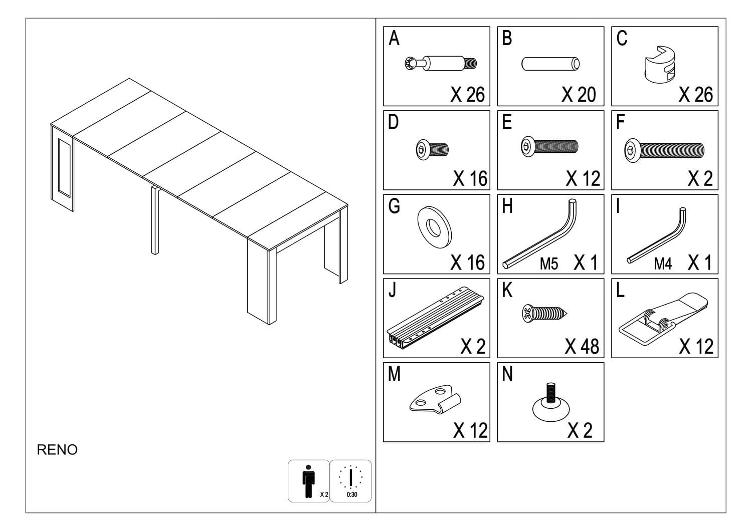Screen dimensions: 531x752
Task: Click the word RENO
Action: [x=57, y=450]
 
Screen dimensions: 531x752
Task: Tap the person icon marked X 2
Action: [x=308, y=481]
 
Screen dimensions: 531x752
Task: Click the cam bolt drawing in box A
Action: [x=440, y=64]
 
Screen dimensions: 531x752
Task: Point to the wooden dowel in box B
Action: [x=551, y=64]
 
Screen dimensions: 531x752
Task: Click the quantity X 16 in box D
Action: [x=469, y=179]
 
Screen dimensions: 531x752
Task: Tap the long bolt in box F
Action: [x=664, y=150]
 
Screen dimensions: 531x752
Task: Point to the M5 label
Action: [x=548, y=264]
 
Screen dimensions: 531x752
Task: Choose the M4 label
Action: [x=663, y=264]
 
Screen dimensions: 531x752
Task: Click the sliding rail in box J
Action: [x=435, y=317]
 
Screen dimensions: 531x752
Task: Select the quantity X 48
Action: [x=582, y=347]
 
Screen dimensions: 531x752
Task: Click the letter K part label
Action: [x=507, y=290]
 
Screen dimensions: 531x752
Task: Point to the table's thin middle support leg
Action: [x=155, y=220]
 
